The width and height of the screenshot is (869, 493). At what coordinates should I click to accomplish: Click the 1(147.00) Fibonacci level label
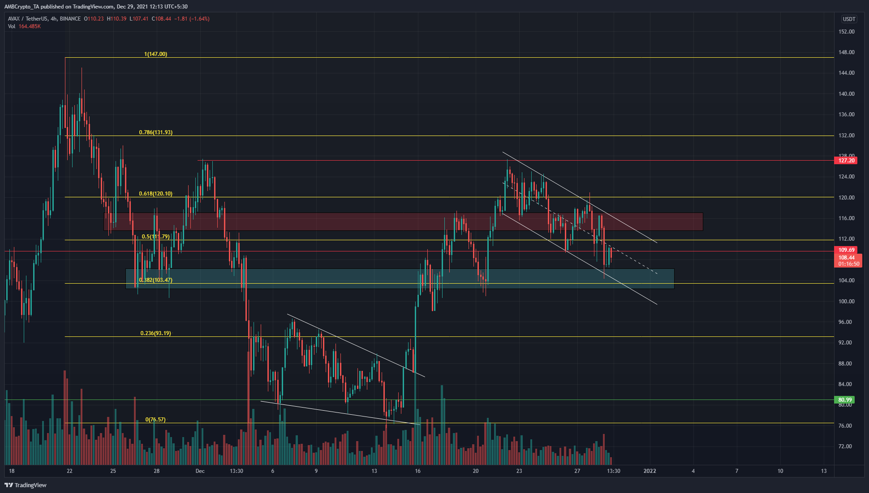155,54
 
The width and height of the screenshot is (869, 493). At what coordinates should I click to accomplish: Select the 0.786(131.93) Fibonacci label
155,132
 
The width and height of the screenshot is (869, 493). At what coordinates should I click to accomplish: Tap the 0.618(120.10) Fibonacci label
155,194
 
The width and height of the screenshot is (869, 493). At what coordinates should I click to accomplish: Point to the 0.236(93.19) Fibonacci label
155,333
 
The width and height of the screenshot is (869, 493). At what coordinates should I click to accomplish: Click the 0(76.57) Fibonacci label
155,420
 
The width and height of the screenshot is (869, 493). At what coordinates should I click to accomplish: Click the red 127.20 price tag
846,161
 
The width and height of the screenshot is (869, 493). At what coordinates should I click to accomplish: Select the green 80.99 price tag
845,400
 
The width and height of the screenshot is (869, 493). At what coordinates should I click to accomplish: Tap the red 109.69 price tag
846,250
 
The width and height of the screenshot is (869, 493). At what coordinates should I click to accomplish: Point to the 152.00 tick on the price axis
846,32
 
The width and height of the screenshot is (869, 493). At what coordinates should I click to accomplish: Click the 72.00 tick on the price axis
845,446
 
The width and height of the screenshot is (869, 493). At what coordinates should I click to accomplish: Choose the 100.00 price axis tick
846,302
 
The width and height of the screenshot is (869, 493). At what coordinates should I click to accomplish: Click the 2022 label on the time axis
650,471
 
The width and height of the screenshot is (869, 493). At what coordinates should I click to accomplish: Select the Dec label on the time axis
200,471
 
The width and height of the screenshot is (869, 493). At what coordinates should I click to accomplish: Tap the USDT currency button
849,19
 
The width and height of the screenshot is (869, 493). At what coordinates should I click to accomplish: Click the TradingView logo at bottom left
26,485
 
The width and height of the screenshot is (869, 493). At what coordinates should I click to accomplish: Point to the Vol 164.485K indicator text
24,26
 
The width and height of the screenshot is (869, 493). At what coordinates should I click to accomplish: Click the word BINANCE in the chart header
70,19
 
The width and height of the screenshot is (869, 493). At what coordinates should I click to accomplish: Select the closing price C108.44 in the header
161,19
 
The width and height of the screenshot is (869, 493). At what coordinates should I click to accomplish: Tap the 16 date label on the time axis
417,471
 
